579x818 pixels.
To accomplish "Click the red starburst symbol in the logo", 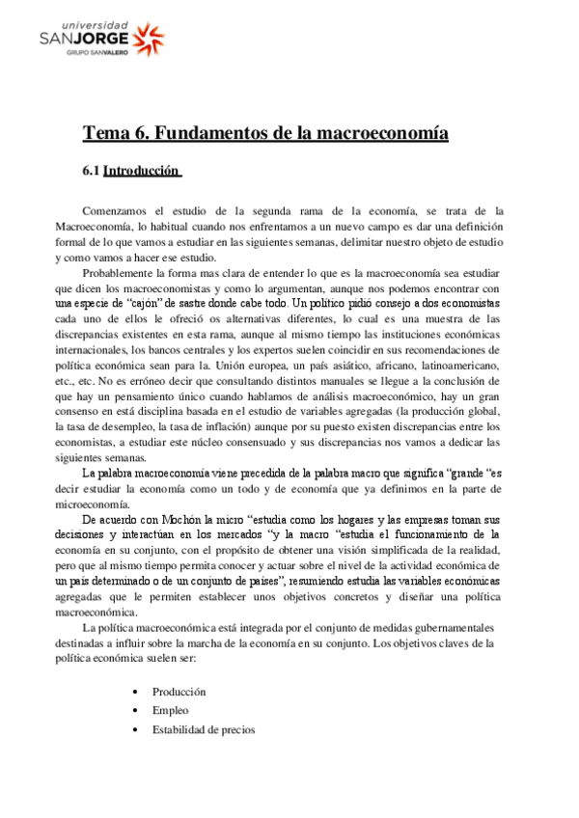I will [146, 39].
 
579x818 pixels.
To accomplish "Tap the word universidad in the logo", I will [88, 22].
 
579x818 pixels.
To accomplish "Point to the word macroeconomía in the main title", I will [380, 133].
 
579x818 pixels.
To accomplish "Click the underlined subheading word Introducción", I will [142, 171].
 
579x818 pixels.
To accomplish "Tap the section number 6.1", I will [91, 171].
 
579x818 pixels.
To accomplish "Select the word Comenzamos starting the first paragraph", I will [118, 210].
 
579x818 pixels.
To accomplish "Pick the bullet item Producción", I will [179, 692].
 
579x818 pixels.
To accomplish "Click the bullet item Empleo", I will [169, 710].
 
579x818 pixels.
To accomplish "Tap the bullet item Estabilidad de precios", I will [203, 729].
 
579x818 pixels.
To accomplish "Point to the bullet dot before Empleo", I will [139, 710].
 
